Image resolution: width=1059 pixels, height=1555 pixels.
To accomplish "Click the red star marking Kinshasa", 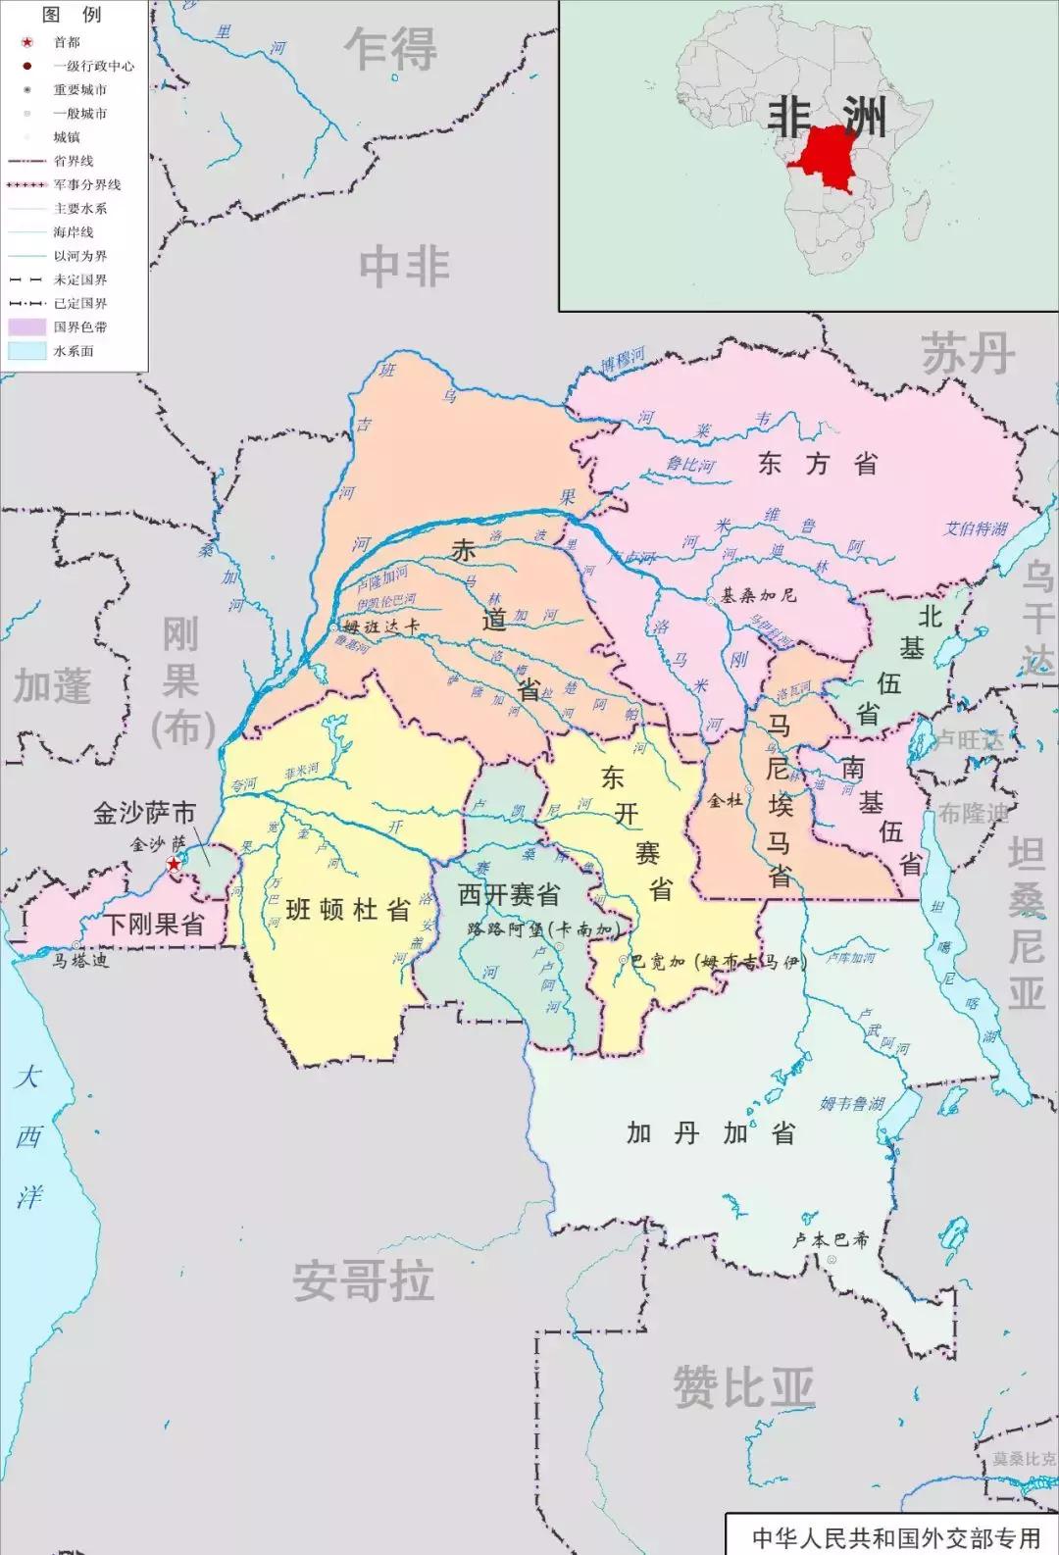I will [174, 864].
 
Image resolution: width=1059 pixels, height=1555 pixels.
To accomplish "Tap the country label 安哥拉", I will [363, 1281].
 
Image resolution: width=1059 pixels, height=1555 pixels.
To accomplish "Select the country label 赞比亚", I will [743, 1387].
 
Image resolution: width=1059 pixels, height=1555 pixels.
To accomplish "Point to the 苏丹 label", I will [966, 353].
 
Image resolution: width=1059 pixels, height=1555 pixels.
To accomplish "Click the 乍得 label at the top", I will [390, 49].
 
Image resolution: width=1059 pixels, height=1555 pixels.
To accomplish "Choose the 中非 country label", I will [404, 267].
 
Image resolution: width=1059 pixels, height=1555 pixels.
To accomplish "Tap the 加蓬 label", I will [52, 687].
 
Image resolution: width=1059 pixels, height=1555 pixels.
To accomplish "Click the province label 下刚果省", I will [154, 924].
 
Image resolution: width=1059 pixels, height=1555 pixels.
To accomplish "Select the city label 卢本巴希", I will [831, 1239].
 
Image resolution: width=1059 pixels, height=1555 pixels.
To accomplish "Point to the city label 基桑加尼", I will [758, 595].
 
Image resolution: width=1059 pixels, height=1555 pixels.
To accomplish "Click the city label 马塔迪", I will [80, 961].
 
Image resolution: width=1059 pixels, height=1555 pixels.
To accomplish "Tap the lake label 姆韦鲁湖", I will [851, 1103].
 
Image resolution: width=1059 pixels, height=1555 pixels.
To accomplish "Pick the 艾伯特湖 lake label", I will [975, 528].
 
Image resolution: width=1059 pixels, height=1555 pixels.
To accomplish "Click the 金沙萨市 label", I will [144, 813].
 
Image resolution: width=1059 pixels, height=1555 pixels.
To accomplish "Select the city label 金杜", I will [725, 800].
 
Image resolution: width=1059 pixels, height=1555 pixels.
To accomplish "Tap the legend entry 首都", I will [67, 42].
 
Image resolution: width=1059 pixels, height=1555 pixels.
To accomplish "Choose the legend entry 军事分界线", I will [86, 184].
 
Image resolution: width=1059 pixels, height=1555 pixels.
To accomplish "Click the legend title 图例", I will [72, 14].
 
